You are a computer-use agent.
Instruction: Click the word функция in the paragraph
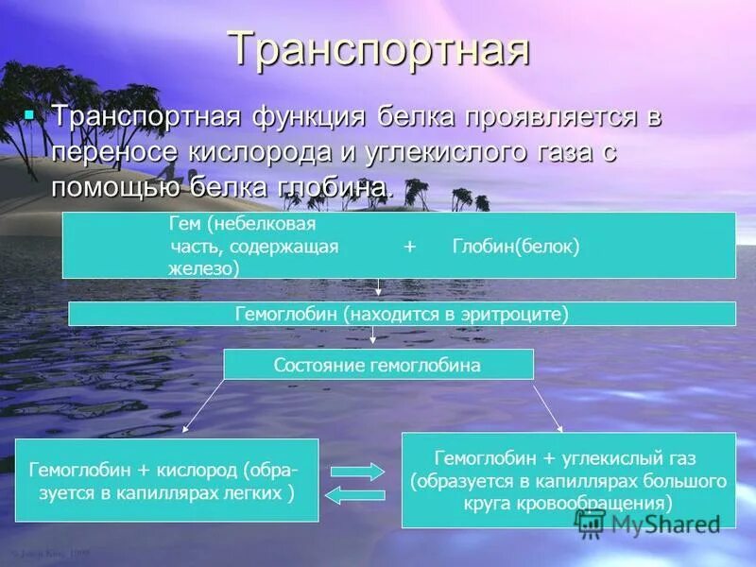pyautogui.click(x=307, y=117)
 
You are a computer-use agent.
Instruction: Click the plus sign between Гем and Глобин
pyautogui.click(x=409, y=246)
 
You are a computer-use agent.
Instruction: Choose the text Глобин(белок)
pyautogui.click(x=516, y=246)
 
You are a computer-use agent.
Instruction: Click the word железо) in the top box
pyautogui.click(x=203, y=267)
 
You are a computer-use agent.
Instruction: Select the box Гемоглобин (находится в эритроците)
pyautogui.click(x=402, y=314)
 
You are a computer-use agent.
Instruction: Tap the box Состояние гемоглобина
pyautogui.click(x=378, y=364)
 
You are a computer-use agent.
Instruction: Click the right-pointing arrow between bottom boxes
pyautogui.click(x=357, y=471)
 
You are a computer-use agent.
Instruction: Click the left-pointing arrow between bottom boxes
pyautogui.click(x=357, y=494)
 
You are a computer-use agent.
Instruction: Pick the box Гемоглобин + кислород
pyautogui.click(x=166, y=479)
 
